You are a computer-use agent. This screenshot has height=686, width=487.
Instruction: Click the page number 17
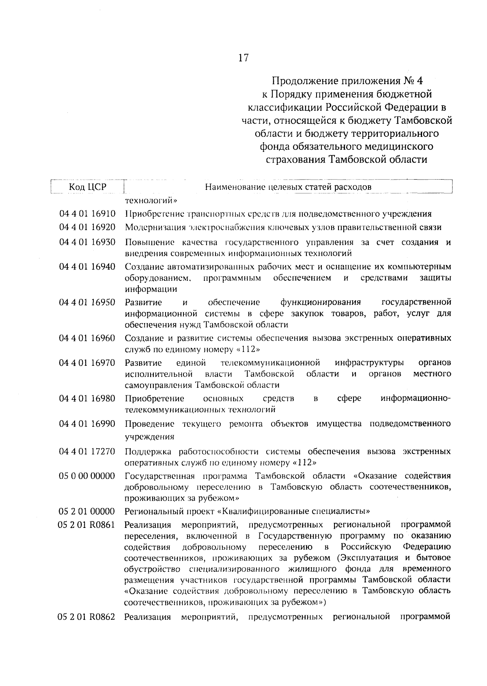(x=243, y=58)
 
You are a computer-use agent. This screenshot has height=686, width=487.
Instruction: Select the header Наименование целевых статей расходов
(x=288, y=187)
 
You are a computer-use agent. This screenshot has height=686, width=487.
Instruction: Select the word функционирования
(x=321, y=303)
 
